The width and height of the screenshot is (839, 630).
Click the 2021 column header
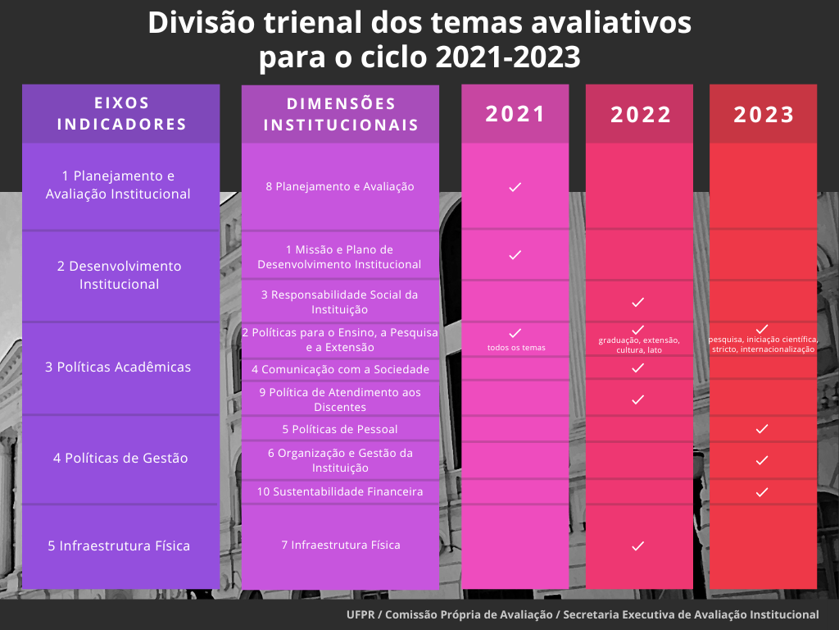(515, 114)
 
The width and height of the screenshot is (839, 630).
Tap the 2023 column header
(763, 115)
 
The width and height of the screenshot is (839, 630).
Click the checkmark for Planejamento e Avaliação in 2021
(515, 187)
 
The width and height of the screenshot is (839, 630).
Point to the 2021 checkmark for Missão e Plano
(515, 255)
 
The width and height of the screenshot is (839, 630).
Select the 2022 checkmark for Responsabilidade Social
(638, 302)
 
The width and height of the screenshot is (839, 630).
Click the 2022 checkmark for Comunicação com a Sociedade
(638, 368)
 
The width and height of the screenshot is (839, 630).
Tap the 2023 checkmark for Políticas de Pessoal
(762, 429)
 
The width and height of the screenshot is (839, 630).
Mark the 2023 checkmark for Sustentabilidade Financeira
(762, 492)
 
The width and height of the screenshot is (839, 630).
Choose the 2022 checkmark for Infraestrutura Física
(638, 546)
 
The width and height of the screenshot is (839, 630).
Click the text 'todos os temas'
(516, 348)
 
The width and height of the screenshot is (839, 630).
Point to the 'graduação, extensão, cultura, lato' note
(639, 345)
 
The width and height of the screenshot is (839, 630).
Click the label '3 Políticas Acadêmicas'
(118, 367)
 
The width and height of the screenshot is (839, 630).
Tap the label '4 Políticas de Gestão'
(120, 458)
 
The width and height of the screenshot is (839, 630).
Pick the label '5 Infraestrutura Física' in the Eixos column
(119, 546)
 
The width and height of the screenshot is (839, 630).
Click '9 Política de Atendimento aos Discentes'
(340, 399)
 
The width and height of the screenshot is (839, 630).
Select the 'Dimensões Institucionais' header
(341, 115)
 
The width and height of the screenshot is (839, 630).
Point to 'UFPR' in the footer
(361, 614)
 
